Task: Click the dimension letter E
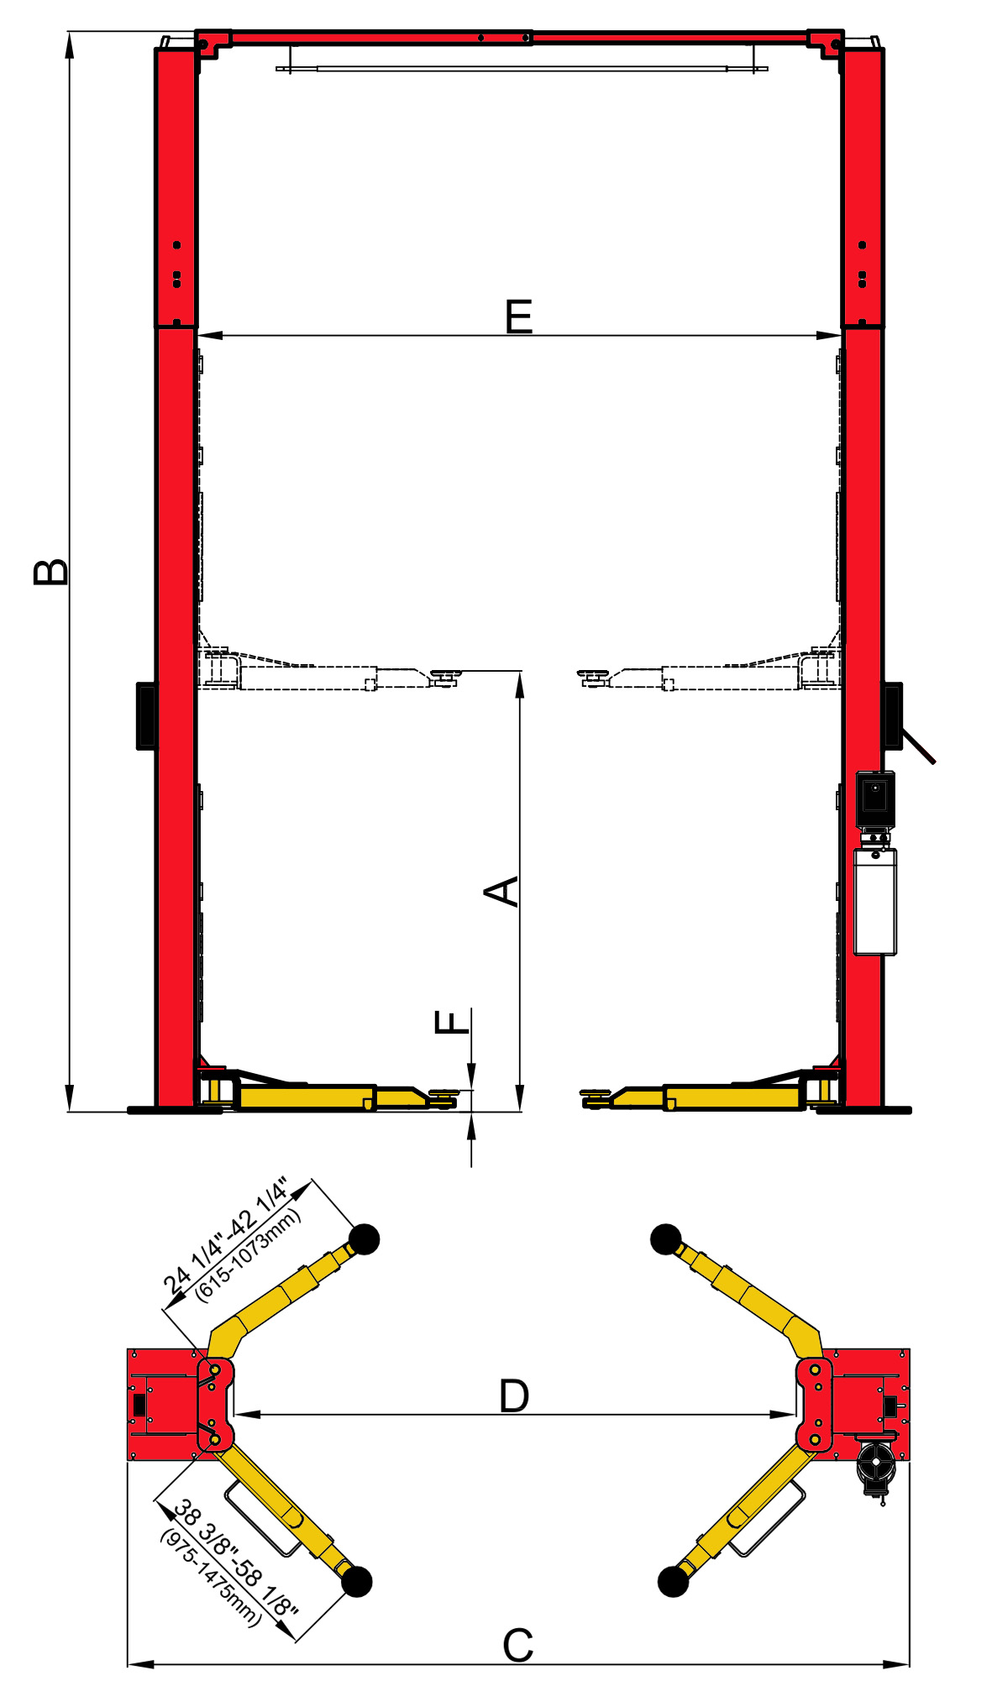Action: (x=519, y=317)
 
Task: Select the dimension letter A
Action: (x=502, y=891)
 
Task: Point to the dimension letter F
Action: (x=452, y=1022)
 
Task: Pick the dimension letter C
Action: (x=517, y=1646)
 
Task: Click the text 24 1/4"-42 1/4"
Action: (x=224, y=1235)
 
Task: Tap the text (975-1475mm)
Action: (x=211, y=1578)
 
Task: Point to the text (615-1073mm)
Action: (x=248, y=1254)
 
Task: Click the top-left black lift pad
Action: (x=364, y=1239)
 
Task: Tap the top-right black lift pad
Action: (x=666, y=1239)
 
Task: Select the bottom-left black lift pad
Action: (x=356, y=1581)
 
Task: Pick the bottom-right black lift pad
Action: (x=673, y=1581)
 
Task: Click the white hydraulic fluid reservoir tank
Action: (x=875, y=902)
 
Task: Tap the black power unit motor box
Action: (x=875, y=798)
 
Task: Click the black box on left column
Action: (x=146, y=715)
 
